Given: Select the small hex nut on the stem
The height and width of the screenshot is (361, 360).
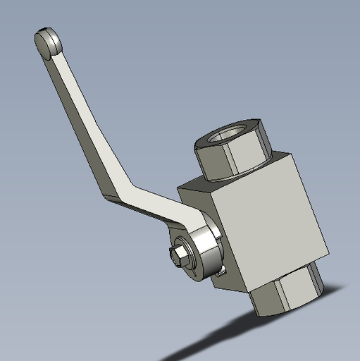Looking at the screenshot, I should tap(182, 255).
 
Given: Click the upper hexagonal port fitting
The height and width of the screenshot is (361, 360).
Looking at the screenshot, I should tap(232, 152).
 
